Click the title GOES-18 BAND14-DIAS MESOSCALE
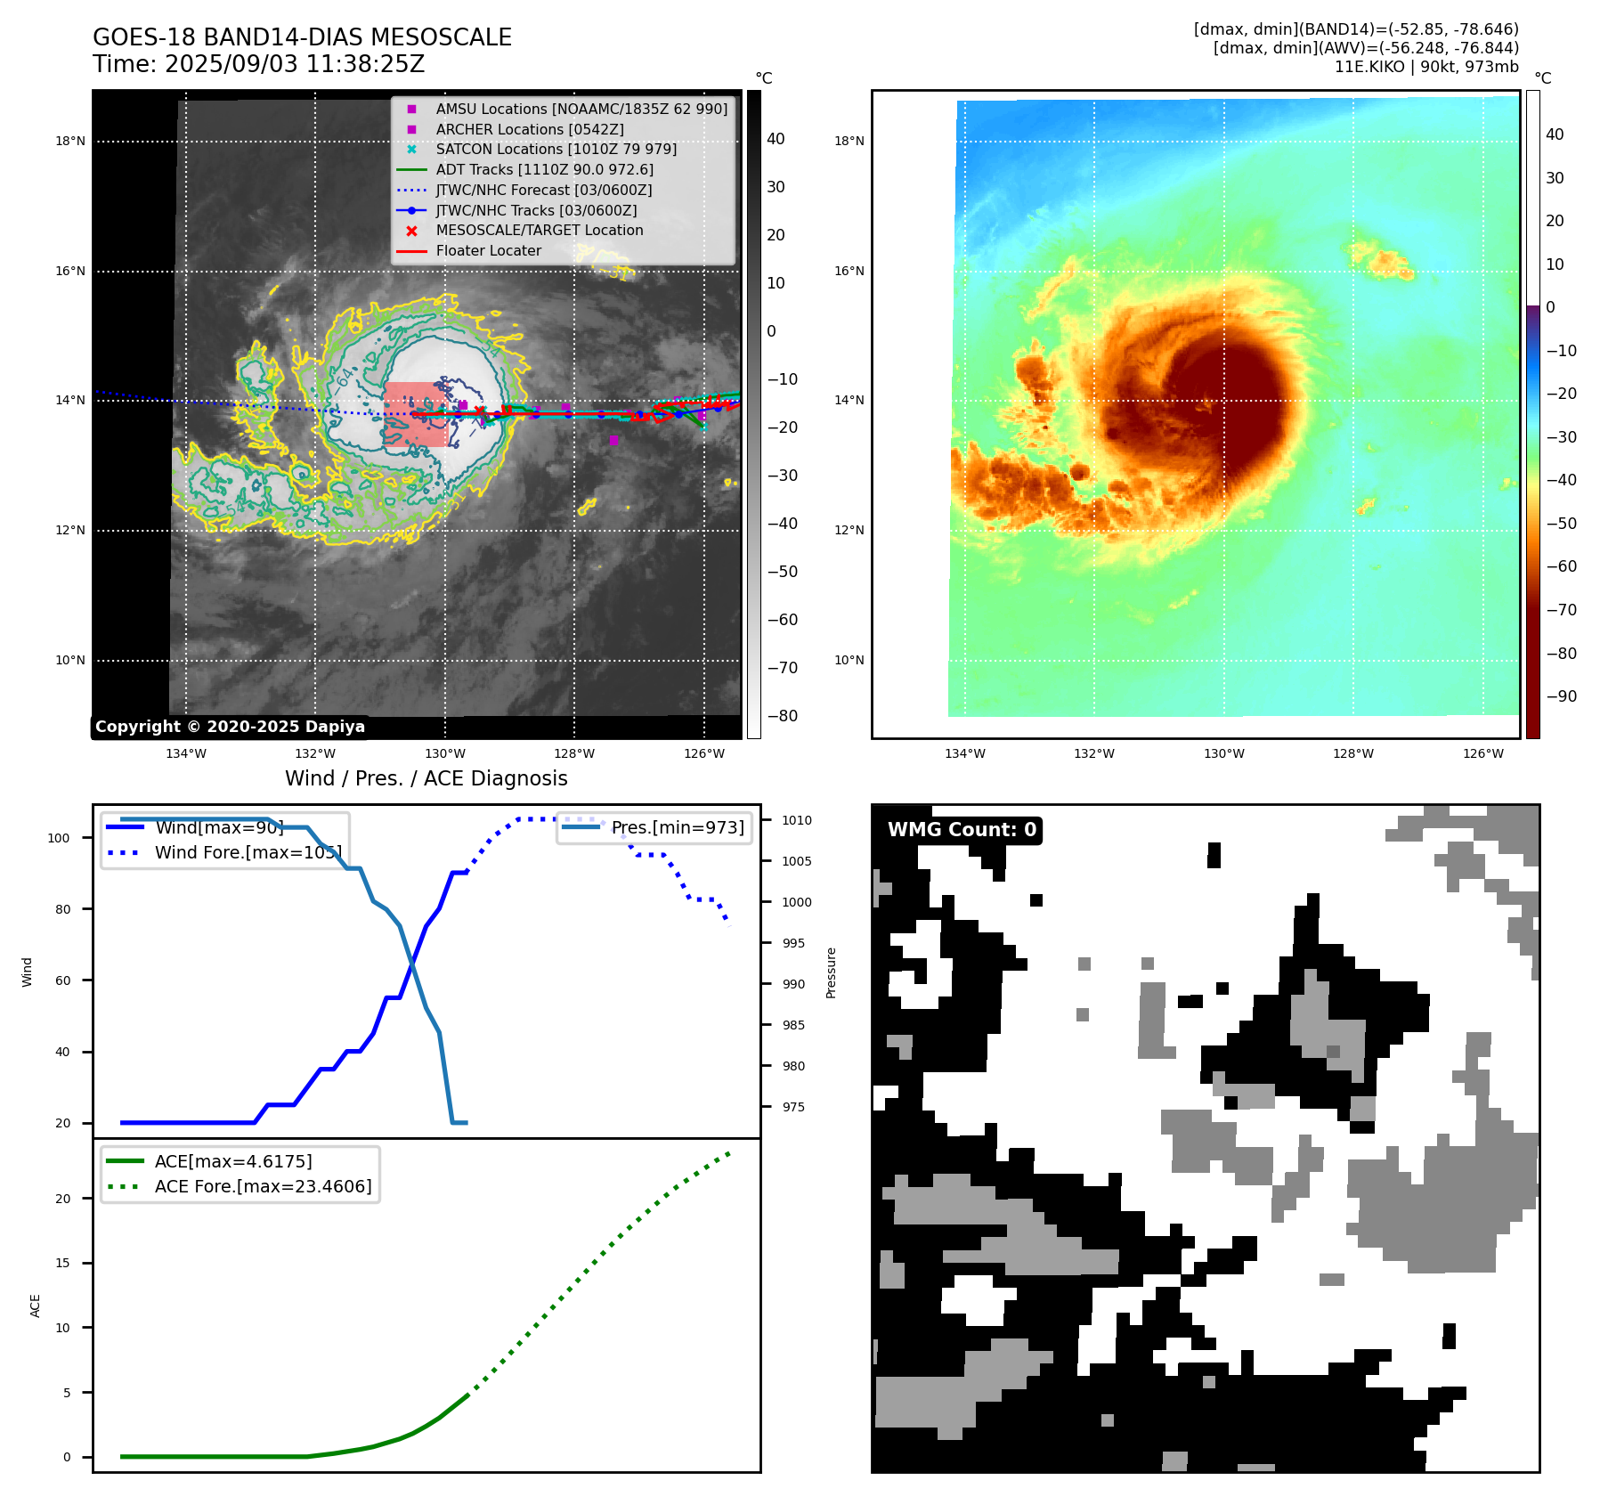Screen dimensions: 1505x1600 [302, 37]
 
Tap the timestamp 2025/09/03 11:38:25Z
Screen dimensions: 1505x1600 [294, 65]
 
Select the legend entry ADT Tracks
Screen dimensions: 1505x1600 [544, 169]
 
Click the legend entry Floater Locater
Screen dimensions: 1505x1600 [488, 251]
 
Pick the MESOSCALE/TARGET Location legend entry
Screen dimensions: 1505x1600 [539, 231]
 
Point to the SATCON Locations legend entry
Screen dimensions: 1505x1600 [556, 149]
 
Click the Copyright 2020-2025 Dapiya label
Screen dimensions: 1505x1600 [230, 727]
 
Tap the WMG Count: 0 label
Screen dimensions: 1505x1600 [962, 830]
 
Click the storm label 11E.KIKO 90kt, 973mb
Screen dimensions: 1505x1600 [1425, 67]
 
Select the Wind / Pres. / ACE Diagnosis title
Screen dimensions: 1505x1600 [426, 778]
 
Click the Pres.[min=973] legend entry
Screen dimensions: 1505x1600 [677, 827]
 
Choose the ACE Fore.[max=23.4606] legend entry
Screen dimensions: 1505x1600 [263, 1186]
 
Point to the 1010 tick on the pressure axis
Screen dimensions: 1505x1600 [796, 820]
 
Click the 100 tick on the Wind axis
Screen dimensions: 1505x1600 [59, 838]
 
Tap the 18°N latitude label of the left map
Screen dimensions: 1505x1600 [70, 141]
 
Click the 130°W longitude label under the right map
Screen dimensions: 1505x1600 [1223, 753]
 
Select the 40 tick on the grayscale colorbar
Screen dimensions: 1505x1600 [776, 139]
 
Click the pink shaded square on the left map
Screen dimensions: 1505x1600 [416, 414]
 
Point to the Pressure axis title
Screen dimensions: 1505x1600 [831, 972]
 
